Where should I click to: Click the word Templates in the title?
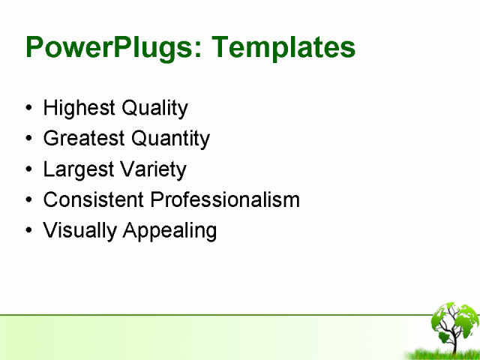click(x=283, y=47)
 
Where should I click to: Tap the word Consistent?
click(x=94, y=200)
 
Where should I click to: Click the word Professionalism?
click(x=225, y=200)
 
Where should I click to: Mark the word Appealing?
click(x=169, y=231)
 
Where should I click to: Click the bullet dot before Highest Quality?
click(x=28, y=109)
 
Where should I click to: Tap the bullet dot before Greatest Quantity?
click(x=28, y=139)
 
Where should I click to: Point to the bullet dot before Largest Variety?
click(x=28, y=170)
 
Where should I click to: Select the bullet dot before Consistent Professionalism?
click(x=28, y=201)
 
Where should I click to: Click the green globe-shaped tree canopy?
click(x=454, y=319)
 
